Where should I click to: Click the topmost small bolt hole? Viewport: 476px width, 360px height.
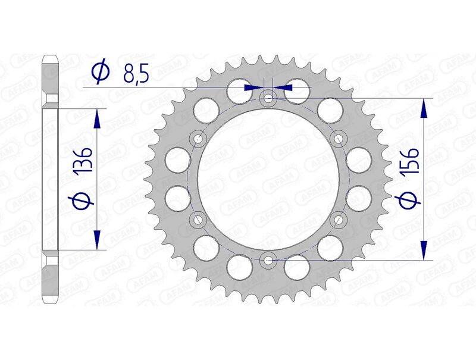pyautogui.click(x=268, y=98)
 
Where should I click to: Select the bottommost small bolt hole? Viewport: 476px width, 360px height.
pyautogui.click(x=268, y=260)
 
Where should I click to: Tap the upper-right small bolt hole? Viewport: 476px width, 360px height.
pyautogui.click(x=339, y=139)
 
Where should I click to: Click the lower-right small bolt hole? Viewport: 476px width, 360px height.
pyautogui.click(x=339, y=220)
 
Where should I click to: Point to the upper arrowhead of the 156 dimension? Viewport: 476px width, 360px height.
pyautogui.click(x=424, y=107)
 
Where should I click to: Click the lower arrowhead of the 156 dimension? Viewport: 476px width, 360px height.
pyautogui.click(x=424, y=251)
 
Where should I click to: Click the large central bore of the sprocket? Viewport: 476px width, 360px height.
pyautogui.click(x=268, y=179)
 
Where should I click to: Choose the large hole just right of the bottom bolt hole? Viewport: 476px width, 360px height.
pyautogui.click(x=296, y=267)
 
